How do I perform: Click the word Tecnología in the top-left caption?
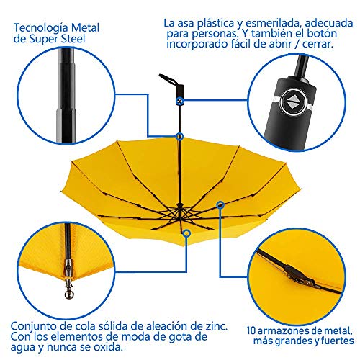coord(41,28)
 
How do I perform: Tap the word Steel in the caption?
coord(73,39)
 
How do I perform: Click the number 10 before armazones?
coord(251,330)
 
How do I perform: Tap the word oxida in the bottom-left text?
coord(108,347)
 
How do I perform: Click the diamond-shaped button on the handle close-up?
coord(293,102)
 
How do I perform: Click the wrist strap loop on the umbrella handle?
coord(168,80)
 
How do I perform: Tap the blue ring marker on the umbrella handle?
coord(180,102)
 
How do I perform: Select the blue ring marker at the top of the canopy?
coord(179,137)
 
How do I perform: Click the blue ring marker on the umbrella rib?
coord(220,205)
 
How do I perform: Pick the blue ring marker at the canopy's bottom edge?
coord(186,233)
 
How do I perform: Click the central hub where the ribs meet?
coord(180,208)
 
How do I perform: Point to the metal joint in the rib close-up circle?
coord(298,275)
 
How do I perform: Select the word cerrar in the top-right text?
coord(318,44)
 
